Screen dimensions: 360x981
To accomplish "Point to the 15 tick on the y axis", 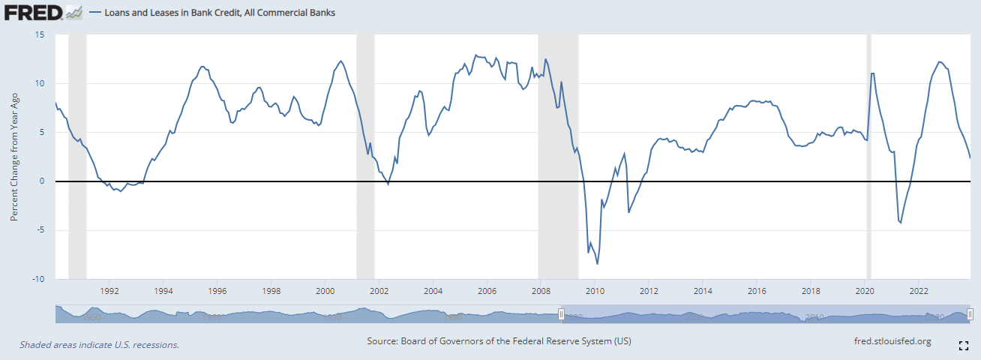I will [40, 34].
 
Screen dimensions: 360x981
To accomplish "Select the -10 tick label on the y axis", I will [37, 279].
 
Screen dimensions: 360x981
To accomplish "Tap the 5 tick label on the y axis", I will [42, 132].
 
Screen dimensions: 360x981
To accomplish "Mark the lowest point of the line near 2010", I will [598, 264].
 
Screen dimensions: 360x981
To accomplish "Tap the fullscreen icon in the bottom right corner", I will [964, 346].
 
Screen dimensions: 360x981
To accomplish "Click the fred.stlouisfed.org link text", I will [892, 341].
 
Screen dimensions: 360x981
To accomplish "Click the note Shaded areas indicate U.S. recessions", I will [99, 345].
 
